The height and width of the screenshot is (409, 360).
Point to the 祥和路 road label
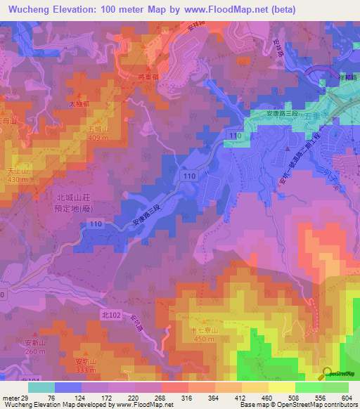[345, 75]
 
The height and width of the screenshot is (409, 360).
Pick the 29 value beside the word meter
[27, 398]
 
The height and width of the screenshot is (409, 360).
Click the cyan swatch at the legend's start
[41, 387]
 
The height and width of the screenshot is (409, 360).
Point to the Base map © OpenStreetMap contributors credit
[297, 405]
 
